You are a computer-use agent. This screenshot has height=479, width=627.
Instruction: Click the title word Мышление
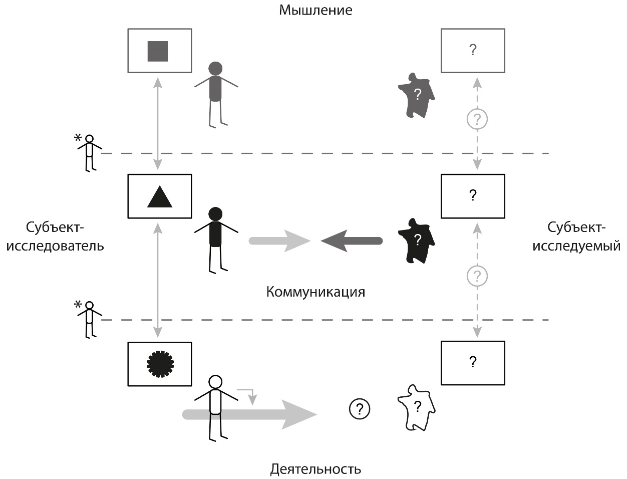pos(316,10)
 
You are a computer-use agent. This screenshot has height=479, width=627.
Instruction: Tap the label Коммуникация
pos(316,292)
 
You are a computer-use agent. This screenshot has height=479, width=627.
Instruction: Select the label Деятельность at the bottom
pos(316,469)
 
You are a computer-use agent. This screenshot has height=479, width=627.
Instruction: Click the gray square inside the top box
pos(158,51)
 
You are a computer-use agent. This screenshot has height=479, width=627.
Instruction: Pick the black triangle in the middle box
pos(160,197)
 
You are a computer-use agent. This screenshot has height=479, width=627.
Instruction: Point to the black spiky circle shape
pos(160,364)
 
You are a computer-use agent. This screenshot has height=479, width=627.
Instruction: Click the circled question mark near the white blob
pos(359,409)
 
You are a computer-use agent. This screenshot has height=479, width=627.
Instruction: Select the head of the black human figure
pos(215,214)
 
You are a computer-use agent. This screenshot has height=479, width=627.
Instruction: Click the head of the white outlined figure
pos(215,382)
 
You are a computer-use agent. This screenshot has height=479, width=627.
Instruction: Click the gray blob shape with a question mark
pos(417,95)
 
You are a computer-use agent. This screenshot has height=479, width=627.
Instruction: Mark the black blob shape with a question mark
pos(417,241)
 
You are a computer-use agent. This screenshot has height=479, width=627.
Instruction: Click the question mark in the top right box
pos(472,50)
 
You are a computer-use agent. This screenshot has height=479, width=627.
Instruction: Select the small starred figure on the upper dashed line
pos(89,152)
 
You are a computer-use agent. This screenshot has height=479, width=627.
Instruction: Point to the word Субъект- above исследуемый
pos(576,228)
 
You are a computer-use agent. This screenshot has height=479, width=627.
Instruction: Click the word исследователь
pos(55,246)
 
